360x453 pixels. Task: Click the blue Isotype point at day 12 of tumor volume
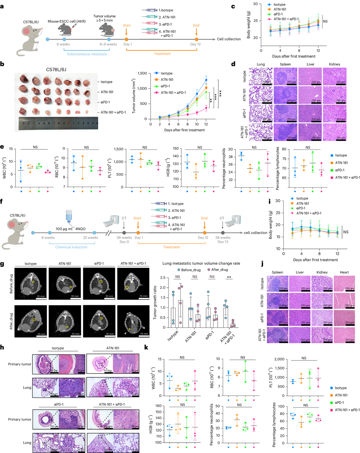click(205, 80)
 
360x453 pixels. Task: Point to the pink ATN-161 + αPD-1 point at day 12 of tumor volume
click(205, 108)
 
